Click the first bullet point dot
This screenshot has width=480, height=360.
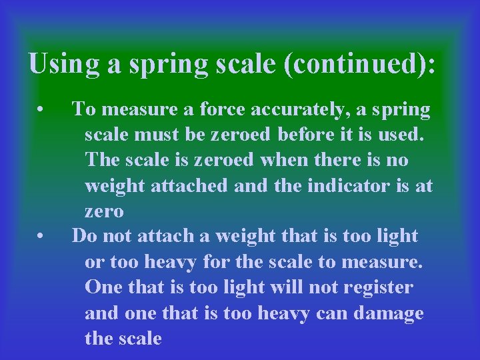coord(41,107)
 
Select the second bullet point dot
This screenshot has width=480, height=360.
coord(41,236)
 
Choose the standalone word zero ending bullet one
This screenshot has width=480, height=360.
coord(103,212)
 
